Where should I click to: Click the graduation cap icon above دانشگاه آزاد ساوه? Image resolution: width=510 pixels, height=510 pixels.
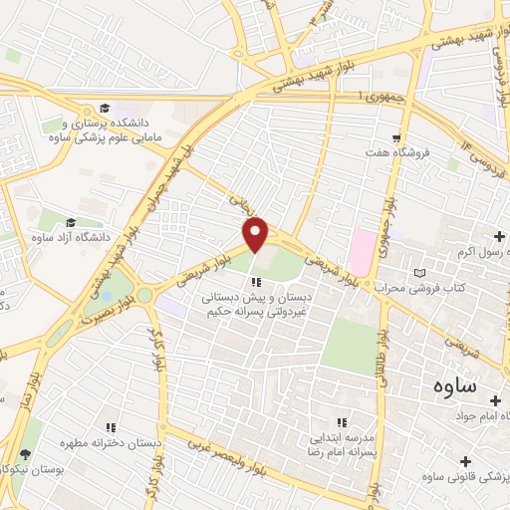tap(71, 222)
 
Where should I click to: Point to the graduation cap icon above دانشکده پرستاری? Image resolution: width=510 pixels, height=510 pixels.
tap(105, 108)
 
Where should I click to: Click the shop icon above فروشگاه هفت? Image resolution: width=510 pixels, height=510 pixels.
tap(396, 137)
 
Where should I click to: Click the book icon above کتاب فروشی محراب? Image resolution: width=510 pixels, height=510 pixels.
tap(419, 272)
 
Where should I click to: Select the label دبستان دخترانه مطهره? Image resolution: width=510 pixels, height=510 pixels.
tap(111, 443)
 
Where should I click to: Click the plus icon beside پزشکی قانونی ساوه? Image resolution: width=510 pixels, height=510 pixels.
tap(464, 459)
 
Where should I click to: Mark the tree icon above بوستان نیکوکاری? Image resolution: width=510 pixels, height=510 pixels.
tap(23, 454)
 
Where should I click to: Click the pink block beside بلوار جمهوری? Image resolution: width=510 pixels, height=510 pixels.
tap(362, 249)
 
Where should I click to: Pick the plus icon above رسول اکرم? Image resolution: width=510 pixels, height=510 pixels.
tap(498, 236)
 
